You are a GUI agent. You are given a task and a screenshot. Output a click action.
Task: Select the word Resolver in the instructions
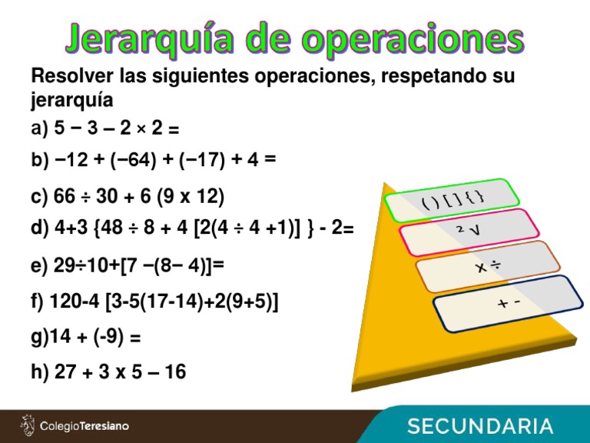click(66, 78)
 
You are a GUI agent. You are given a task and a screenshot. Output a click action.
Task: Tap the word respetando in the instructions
click(423, 78)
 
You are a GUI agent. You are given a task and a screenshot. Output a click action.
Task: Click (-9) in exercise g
click(112, 337)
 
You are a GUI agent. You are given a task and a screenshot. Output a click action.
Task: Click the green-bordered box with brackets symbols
click(447, 202)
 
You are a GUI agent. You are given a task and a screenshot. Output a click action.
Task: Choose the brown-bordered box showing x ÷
click(487, 266)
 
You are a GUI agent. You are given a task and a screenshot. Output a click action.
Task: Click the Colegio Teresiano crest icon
click(28, 425)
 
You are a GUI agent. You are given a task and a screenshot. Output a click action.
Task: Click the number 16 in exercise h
click(174, 372)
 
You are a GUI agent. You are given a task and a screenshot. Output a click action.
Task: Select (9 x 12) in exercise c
click(191, 198)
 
